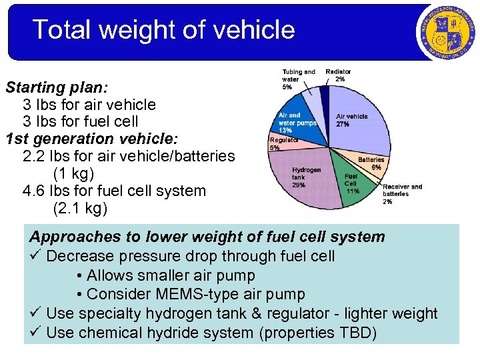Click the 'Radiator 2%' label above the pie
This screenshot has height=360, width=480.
click(x=339, y=75)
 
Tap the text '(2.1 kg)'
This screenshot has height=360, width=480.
click(x=79, y=208)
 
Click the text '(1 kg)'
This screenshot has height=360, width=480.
click(x=73, y=173)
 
